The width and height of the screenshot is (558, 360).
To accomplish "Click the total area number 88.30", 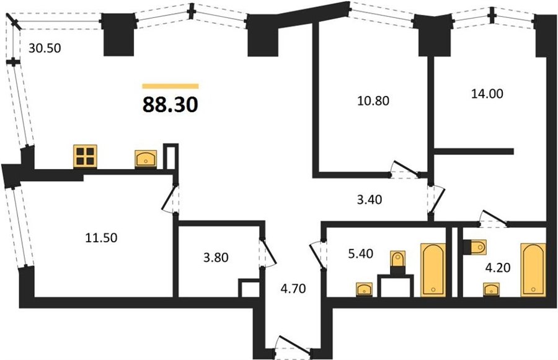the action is (x=170, y=105).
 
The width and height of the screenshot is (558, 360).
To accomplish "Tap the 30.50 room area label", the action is (x=45, y=48).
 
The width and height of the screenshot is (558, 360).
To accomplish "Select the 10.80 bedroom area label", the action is (x=373, y=100).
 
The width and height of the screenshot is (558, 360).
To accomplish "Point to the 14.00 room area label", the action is (x=487, y=94).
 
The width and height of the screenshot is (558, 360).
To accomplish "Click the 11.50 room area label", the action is (x=102, y=237).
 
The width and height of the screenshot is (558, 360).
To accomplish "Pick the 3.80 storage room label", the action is (x=216, y=257).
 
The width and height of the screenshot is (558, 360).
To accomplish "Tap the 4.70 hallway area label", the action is (x=293, y=288).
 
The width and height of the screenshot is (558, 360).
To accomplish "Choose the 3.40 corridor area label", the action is (x=370, y=200).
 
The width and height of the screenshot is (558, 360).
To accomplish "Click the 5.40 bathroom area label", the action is (x=360, y=253).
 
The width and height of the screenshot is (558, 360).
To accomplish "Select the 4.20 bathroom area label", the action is (x=498, y=267).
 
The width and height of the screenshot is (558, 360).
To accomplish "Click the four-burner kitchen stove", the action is (x=85, y=156).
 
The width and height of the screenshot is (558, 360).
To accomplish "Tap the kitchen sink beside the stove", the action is (x=146, y=159).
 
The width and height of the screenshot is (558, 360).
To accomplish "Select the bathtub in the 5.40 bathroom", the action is (x=433, y=270).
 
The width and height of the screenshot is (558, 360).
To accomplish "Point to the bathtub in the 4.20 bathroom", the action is (x=533, y=270).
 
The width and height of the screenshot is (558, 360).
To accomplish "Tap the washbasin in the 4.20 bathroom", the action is (x=491, y=289).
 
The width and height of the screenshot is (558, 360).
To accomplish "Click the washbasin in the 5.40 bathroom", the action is (x=364, y=289).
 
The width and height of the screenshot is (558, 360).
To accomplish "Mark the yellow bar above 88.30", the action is (x=170, y=86).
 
